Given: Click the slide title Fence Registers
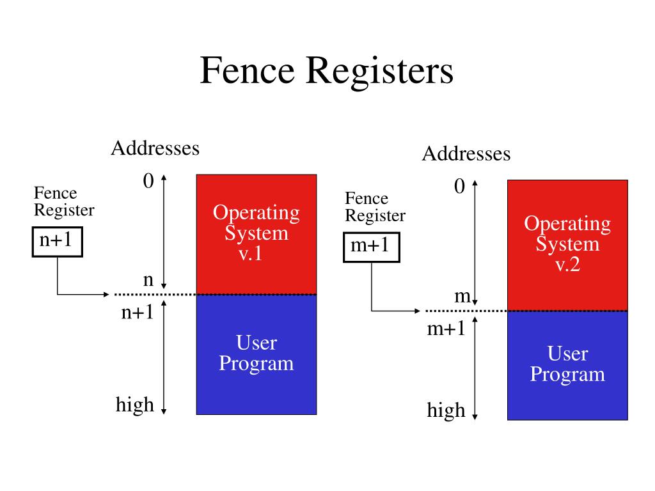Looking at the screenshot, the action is click(327, 71).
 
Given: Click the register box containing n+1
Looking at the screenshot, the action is click(57, 242).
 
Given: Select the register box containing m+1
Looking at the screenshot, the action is click(372, 247).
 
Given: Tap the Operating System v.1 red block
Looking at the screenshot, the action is click(256, 234).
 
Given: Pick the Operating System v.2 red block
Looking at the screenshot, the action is click(568, 245).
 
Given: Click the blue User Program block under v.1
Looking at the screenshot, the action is click(256, 354).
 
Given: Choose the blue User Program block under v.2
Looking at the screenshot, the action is click(568, 365).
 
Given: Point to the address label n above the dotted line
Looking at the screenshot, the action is click(148, 280).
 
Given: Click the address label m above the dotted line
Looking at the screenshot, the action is click(462, 297).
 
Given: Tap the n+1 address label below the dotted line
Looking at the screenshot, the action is click(138, 312).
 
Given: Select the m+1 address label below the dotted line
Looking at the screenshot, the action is click(446, 329).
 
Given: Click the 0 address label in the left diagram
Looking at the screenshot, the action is click(148, 181).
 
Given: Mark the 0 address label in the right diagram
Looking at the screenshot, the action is click(459, 186).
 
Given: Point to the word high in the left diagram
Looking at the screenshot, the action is click(135, 405).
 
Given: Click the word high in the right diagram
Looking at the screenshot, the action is click(446, 410).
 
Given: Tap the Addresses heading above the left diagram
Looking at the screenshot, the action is click(155, 148).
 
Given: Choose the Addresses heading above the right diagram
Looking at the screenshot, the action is click(466, 153).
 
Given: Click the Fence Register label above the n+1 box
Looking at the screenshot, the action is click(64, 201).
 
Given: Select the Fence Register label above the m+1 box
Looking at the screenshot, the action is click(375, 207).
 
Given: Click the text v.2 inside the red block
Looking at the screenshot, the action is click(568, 264).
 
